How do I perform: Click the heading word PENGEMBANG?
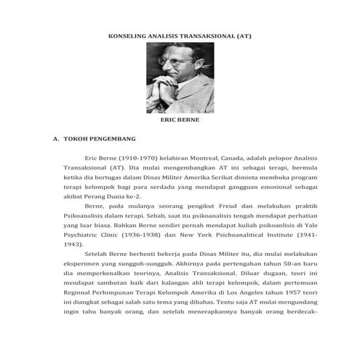(108, 137)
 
